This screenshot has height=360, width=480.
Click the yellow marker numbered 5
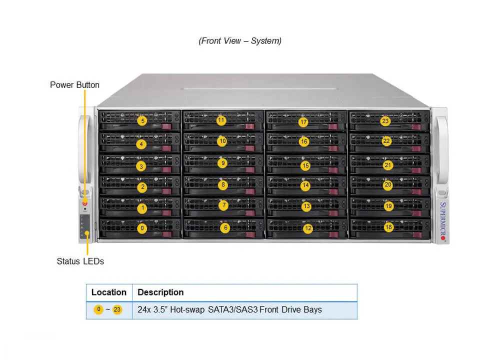point(142,120)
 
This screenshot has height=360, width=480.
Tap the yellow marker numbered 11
point(221,120)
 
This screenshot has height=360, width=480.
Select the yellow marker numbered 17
point(303,122)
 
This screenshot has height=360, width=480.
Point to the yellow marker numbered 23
point(385,120)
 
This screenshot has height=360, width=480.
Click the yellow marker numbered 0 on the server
point(142,228)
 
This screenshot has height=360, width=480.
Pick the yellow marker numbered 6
point(225,228)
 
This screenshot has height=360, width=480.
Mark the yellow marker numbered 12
point(308,228)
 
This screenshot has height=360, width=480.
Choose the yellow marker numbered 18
point(389,227)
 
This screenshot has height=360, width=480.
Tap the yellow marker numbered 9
point(223,163)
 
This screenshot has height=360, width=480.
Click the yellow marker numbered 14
point(305,185)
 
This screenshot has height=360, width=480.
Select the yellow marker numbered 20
point(388,185)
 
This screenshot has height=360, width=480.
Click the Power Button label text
point(74,85)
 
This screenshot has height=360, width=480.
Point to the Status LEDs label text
point(80,261)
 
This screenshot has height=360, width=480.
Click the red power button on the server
point(85,203)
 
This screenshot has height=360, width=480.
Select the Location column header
point(109,292)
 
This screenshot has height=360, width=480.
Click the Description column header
point(160,292)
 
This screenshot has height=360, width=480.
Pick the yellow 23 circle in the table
point(117,309)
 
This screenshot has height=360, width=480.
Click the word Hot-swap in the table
point(186,309)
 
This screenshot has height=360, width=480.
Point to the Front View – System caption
point(240,41)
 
